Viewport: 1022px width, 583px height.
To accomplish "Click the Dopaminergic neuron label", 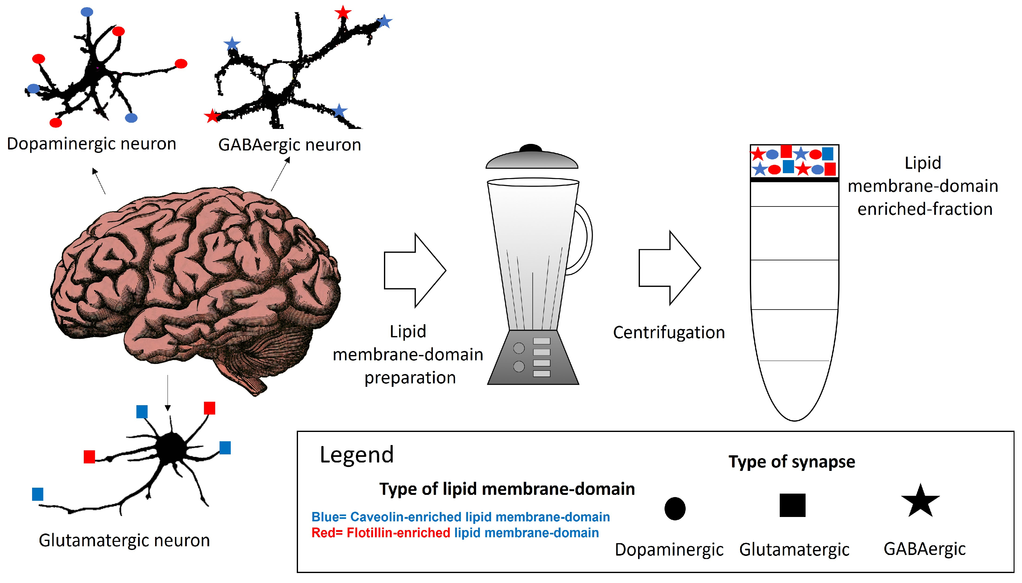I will tap(91, 144).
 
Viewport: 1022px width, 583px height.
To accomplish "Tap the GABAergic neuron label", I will tap(289, 145).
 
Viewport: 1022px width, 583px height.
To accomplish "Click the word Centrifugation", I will tap(669, 332).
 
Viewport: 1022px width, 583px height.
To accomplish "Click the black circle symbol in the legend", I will tap(674, 509).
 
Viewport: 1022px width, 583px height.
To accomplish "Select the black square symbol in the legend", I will tap(792, 505).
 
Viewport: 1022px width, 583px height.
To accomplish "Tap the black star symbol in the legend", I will tap(920, 502).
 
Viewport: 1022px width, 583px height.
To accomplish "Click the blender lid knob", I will tap(531, 148).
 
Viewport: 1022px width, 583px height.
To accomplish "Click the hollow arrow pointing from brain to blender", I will tap(414, 270).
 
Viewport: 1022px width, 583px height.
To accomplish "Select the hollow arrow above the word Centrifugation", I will tap(669, 268).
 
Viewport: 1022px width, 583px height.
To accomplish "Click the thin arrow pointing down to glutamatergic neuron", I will tap(168, 392).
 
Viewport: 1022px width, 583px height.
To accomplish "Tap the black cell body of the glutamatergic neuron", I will tap(171, 448).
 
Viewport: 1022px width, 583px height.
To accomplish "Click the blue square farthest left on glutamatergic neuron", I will tap(38, 494).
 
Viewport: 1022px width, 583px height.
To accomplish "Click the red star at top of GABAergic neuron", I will tap(343, 13).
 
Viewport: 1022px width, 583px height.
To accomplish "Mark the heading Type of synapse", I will tap(792, 462).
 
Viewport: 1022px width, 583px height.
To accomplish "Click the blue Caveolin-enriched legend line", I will tap(460, 517).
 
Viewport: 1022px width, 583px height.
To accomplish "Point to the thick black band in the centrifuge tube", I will tap(794, 180).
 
